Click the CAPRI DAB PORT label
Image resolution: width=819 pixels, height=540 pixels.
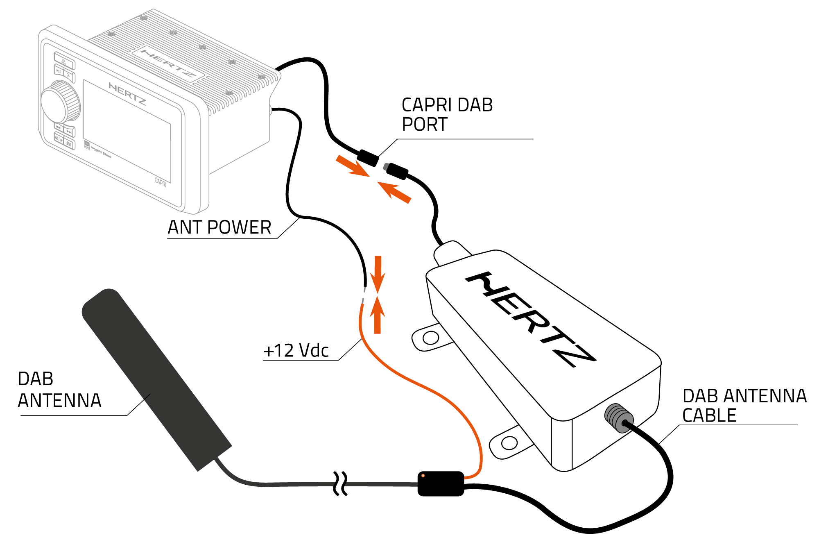pyautogui.click(x=447, y=115)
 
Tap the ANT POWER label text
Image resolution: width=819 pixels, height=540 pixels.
pyautogui.click(x=219, y=227)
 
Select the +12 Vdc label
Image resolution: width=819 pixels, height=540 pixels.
pyautogui.click(x=296, y=351)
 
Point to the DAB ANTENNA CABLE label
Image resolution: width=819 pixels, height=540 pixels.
pyautogui.click(x=744, y=406)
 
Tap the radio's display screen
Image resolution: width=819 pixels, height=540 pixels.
pyautogui.click(x=127, y=131)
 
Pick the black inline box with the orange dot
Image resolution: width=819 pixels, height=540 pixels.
pyautogui.click(x=441, y=483)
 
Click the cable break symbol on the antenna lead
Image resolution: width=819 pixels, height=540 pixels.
pyautogui.click(x=340, y=483)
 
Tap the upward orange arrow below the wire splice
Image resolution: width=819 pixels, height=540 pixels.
pyautogui.click(x=377, y=315)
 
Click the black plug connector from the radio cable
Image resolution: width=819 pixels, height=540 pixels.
pyautogui.click(x=367, y=157)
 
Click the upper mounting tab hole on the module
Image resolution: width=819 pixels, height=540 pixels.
pyautogui.click(x=430, y=338)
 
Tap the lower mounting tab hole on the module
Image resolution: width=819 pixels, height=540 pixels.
pyautogui.click(x=509, y=443)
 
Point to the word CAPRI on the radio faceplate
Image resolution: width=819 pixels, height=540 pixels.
pyautogui.click(x=161, y=182)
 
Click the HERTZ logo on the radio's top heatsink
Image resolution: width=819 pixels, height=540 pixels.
pyautogui.click(x=168, y=64)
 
